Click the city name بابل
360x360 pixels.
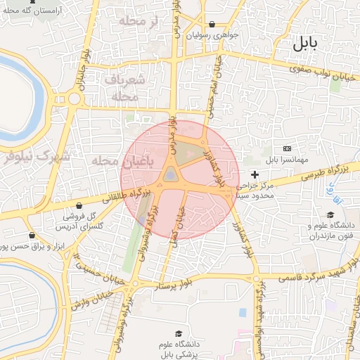coord(304,44)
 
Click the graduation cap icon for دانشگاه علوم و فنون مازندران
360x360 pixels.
coord(330,215)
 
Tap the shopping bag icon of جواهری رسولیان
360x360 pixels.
coord(212,24)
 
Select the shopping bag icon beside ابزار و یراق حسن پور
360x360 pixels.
coord(31,236)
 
